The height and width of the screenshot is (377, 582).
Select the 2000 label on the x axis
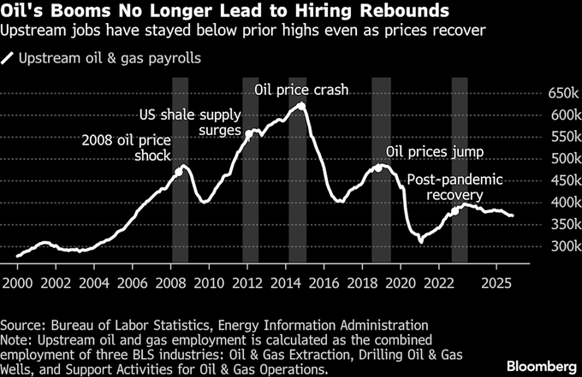(x=17, y=281)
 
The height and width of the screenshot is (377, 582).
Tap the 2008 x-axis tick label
(x=173, y=281)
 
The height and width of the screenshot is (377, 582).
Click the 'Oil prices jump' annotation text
(x=436, y=152)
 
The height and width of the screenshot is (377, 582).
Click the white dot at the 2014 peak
(x=300, y=106)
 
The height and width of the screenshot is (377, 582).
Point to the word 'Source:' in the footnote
(x=25, y=325)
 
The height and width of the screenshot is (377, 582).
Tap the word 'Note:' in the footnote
(x=20, y=340)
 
